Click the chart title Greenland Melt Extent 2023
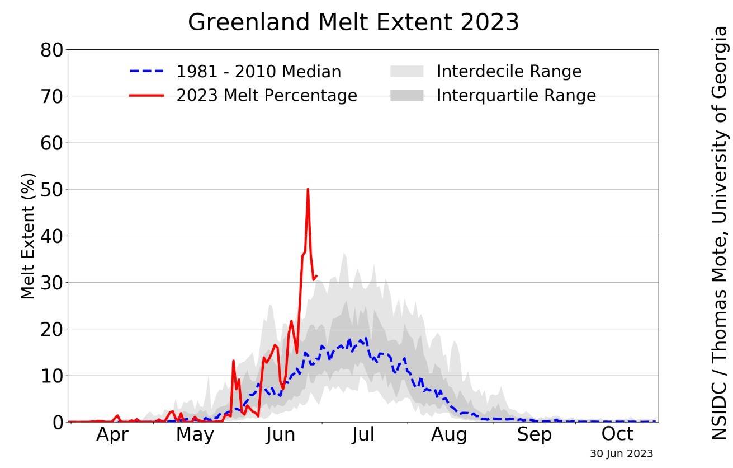pyautogui.click(x=353, y=22)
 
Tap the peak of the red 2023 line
pyautogui.click(x=308, y=190)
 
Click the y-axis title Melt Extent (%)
pyautogui.click(x=28, y=236)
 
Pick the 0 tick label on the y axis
pyautogui.click(x=58, y=422)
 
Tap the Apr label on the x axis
pyautogui.click(x=112, y=434)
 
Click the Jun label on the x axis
pyautogui.click(x=280, y=434)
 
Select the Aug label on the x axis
pyautogui.click(x=449, y=434)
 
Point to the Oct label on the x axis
pyautogui.click(x=617, y=434)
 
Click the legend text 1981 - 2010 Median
pyautogui.click(x=258, y=72)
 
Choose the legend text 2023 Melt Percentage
pyautogui.click(x=267, y=96)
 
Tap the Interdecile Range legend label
pyautogui.click(x=509, y=72)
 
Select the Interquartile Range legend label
pyautogui.click(x=516, y=96)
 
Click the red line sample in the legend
pyautogui.click(x=146, y=96)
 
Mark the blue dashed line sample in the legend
pyautogui.click(x=146, y=72)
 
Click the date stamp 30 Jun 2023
pyautogui.click(x=621, y=453)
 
